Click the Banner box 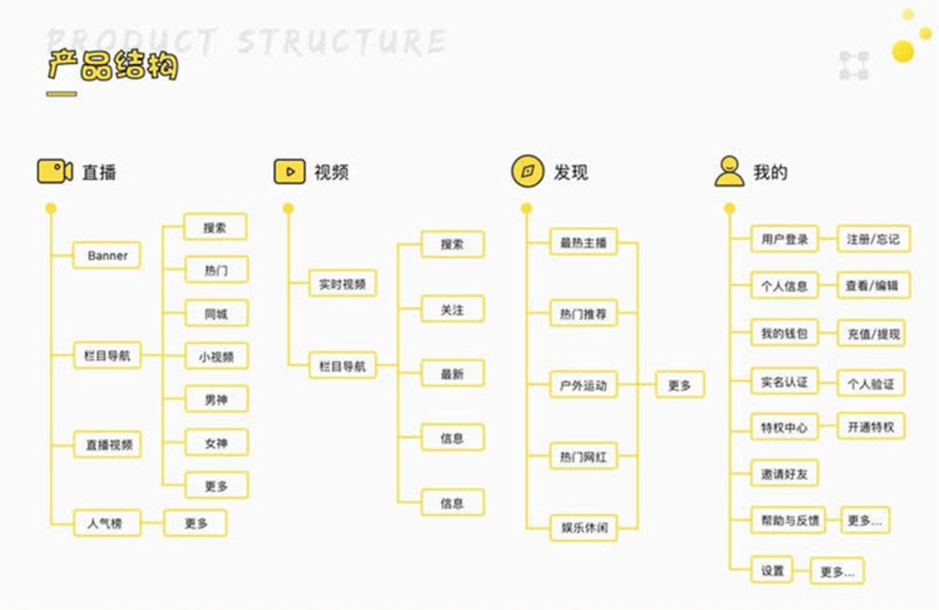click(x=107, y=255)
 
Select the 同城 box click(x=215, y=314)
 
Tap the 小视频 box click(x=215, y=357)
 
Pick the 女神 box click(x=215, y=443)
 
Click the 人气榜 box click(x=106, y=523)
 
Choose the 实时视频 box click(x=342, y=284)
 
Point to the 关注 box click(x=452, y=310)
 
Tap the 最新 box click(x=452, y=374)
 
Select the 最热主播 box click(x=583, y=242)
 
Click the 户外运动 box click(x=583, y=385)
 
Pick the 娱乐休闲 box click(x=583, y=527)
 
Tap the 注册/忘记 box click(x=872, y=239)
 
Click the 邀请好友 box click(x=783, y=473)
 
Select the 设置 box click(x=772, y=571)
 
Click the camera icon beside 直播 click(x=55, y=172)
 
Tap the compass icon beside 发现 click(x=528, y=172)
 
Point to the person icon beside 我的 click(x=730, y=172)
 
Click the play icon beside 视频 click(x=290, y=172)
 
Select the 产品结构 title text click(x=112, y=66)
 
